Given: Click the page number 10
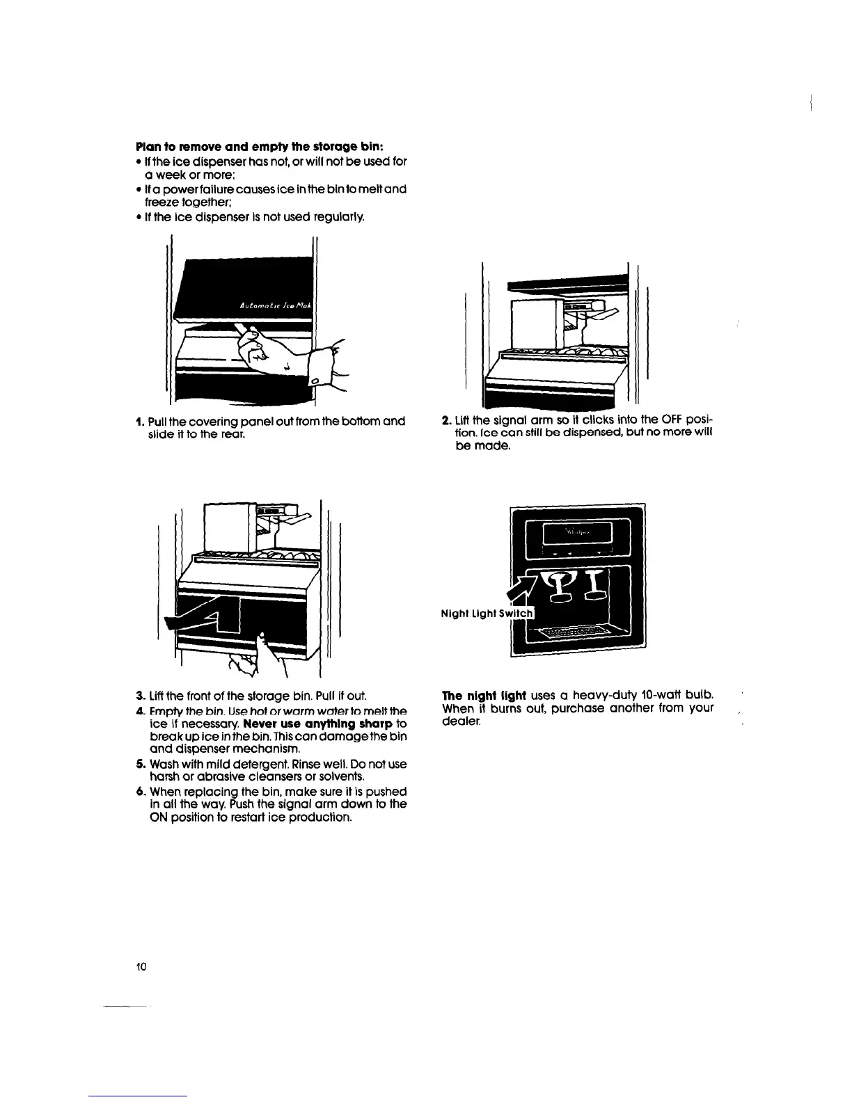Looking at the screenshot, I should pyautogui.click(x=141, y=966).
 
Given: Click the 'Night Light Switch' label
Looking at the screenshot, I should pyautogui.click(x=487, y=613).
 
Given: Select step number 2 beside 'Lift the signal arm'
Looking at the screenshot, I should pyautogui.click(x=446, y=420).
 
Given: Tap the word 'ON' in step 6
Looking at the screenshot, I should pyautogui.click(x=159, y=817).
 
